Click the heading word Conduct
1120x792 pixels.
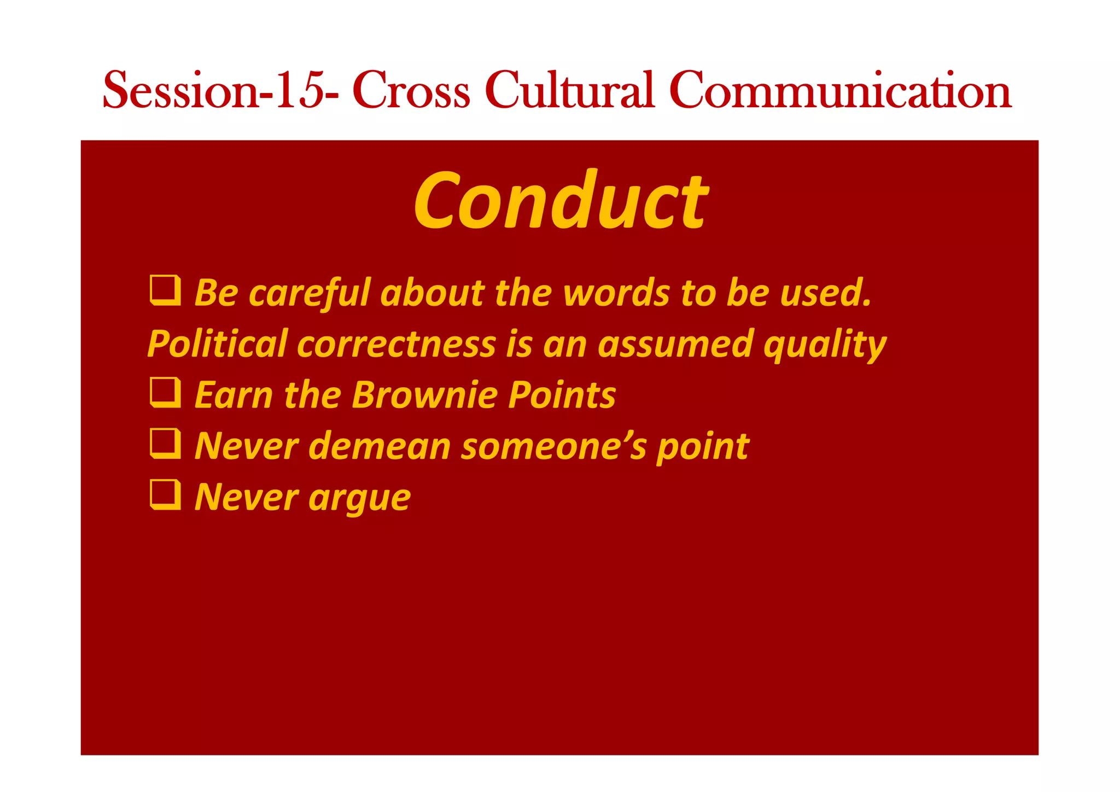tap(561, 201)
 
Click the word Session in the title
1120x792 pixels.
tap(180, 90)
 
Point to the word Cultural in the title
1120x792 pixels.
tap(569, 90)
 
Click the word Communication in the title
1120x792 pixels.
tap(840, 90)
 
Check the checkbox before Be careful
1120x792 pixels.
tap(165, 290)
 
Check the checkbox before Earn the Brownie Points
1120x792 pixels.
tap(165, 393)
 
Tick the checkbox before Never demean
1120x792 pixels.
tap(165, 444)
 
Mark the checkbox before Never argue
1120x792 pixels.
tap(165, 495)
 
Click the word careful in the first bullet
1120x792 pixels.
tap(310, 293)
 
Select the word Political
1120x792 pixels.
tap(218, 344)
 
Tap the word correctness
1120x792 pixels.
tap(396, 344)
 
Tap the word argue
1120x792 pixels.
tap(359, 499)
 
